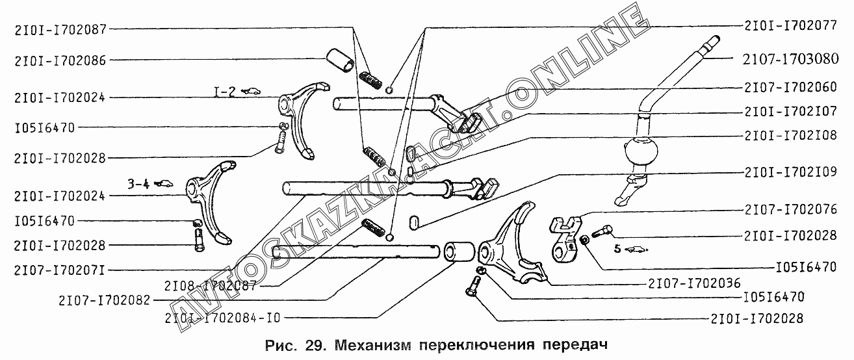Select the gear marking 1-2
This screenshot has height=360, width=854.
(x=225, y=91)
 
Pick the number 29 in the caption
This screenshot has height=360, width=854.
(x=309, y=344)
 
